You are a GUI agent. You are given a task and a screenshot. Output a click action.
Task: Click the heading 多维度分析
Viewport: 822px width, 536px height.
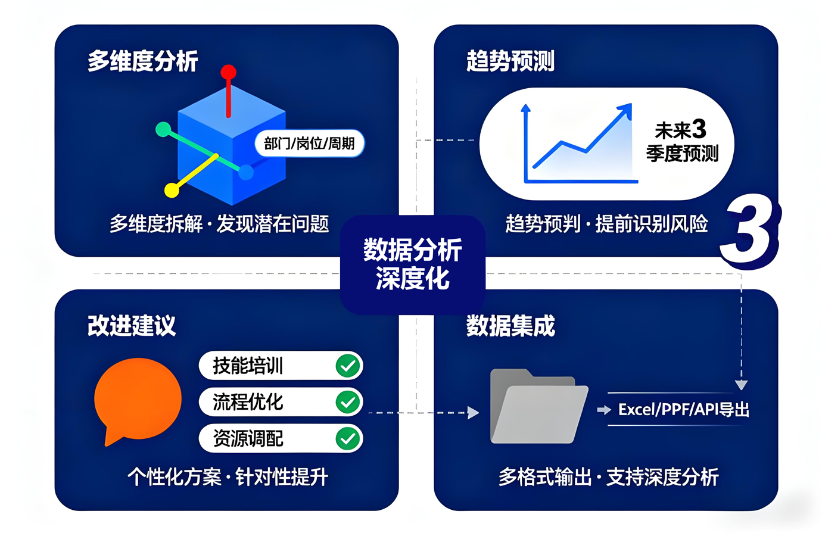click(142, 61)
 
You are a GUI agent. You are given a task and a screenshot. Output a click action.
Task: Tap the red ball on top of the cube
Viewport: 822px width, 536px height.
click(228, 73)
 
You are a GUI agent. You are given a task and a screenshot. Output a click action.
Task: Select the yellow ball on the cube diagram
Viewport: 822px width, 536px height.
click(172, 190)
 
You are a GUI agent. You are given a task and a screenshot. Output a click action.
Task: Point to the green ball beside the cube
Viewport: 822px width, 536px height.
click(163, 129)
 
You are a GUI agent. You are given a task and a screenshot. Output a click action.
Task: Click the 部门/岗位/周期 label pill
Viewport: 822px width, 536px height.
click(309, 144)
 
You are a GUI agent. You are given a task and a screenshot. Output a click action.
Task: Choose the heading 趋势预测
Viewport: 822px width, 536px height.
click(510, 61)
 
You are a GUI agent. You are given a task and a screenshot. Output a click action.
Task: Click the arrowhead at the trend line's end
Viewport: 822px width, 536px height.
click(625, 109)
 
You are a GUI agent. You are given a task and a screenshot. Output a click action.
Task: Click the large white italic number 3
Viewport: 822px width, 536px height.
click(749, 232)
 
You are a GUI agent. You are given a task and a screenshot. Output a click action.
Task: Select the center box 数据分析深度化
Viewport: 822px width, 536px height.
click(412, 264)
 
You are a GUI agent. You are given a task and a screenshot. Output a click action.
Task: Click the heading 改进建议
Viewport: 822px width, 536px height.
click(132, 326)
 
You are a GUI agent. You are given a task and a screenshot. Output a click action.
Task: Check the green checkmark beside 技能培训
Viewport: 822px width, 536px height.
click(348, 366)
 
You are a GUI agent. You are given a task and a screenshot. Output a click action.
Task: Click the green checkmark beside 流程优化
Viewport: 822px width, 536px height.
click(348, 402)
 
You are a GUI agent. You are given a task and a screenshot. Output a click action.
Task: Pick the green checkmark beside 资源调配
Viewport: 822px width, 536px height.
click(348, 439)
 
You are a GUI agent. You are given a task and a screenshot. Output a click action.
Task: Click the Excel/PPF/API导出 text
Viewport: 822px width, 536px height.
click(683, 410)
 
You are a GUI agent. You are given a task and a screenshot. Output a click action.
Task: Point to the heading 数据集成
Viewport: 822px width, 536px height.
click(510, 326)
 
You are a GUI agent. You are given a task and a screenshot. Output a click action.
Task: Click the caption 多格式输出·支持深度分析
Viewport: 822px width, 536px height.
click(608, 477)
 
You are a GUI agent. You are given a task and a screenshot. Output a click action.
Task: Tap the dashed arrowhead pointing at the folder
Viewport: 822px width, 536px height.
click(474, 413)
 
